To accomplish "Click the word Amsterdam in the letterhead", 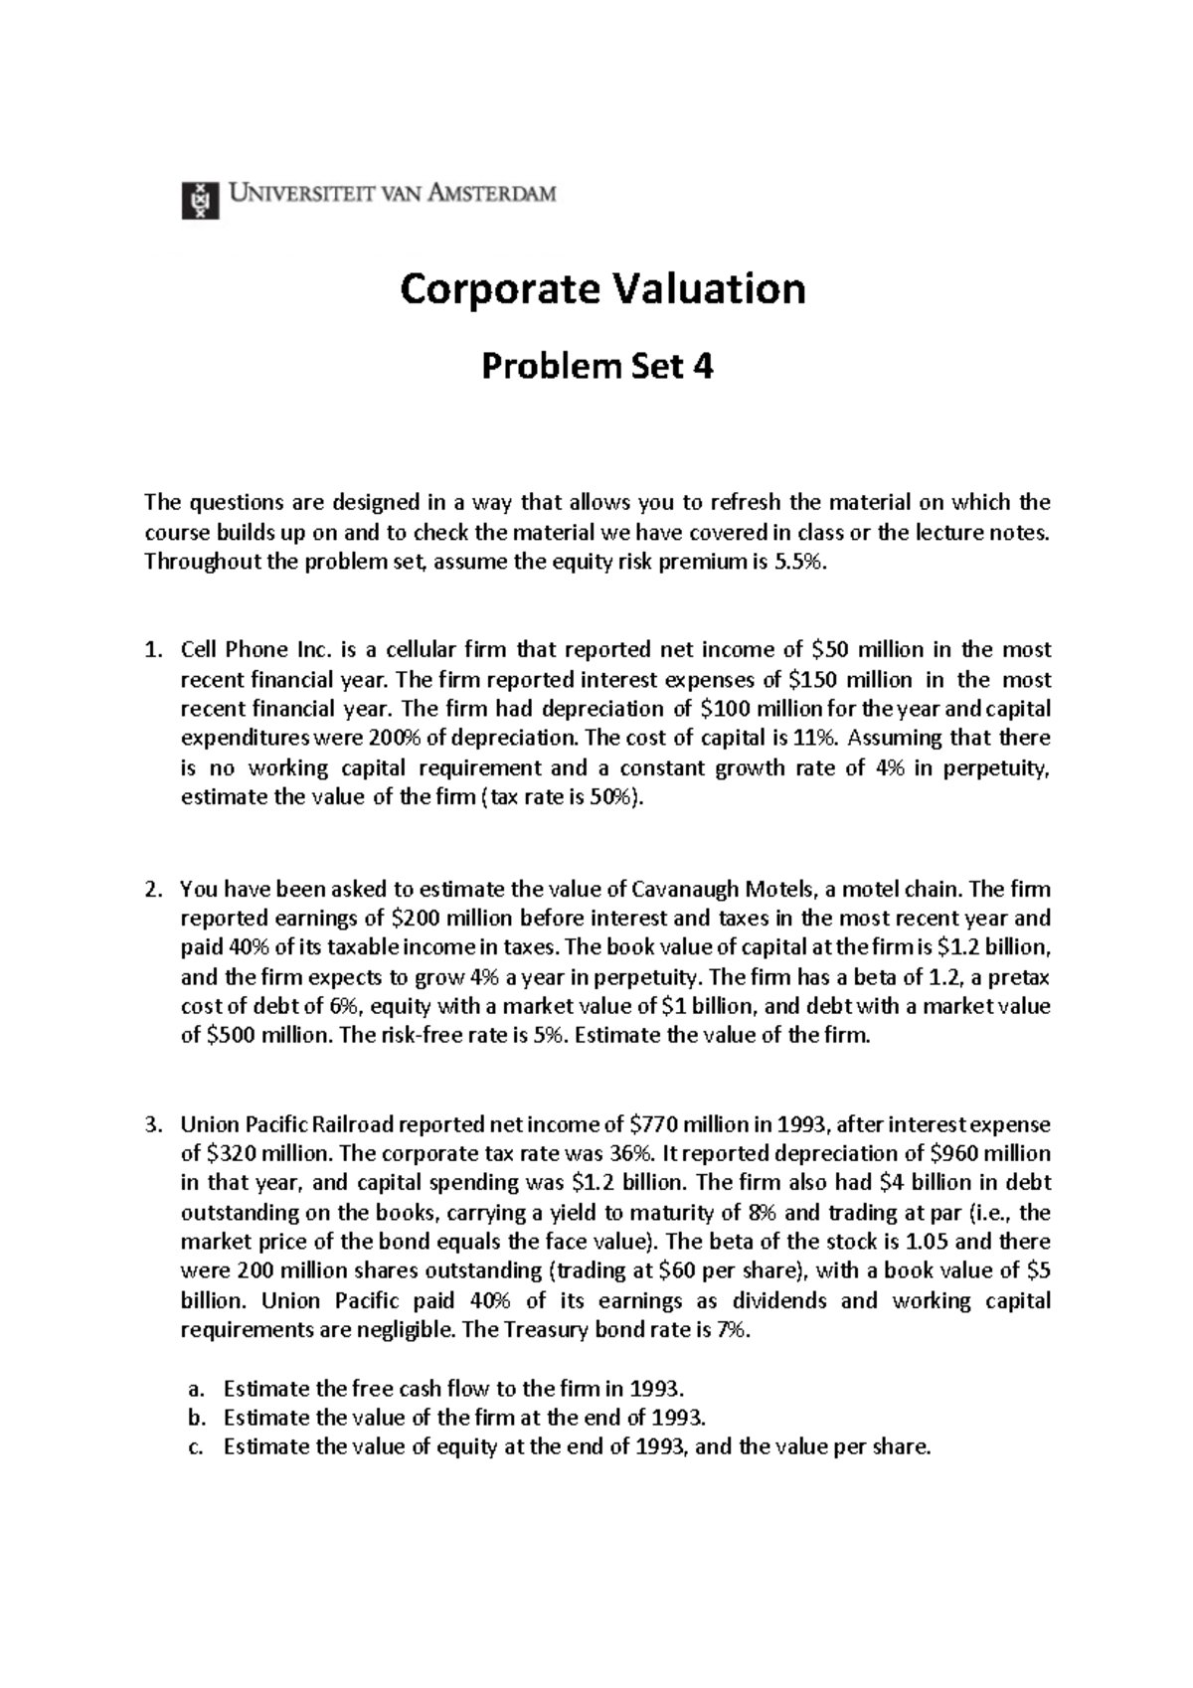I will tap(492, 194).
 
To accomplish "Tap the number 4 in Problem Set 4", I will tap(703, 368).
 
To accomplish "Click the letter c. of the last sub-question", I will tap(195, 1447).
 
